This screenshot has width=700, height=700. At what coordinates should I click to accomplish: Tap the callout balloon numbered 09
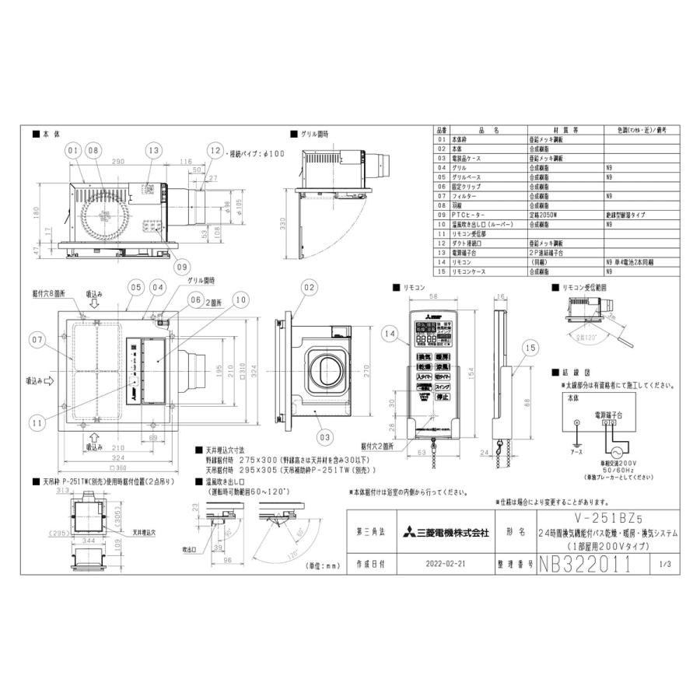182,266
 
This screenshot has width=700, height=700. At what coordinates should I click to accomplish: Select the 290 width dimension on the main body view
119,161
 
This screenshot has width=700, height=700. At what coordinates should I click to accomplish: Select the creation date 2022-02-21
449,565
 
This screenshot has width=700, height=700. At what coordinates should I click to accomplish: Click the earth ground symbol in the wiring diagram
576,424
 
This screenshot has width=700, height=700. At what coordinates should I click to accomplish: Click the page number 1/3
665,565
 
